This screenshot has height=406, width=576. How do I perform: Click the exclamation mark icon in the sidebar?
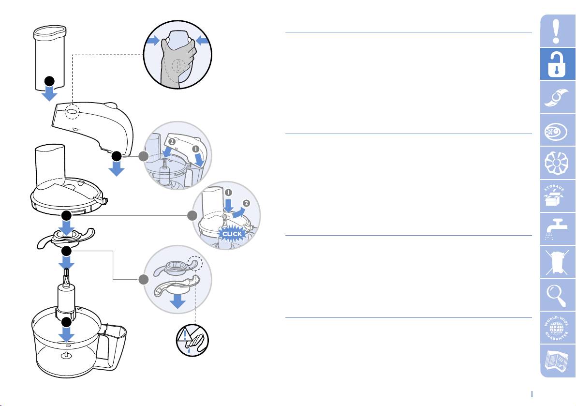557,31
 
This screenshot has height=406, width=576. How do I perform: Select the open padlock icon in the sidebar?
557,64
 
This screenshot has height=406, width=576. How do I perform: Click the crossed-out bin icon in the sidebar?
557,262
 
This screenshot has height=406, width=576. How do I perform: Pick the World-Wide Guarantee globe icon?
557,328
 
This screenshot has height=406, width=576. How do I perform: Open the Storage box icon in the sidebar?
555,195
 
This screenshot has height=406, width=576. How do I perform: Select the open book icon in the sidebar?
557,361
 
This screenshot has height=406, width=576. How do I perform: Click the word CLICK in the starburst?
232,234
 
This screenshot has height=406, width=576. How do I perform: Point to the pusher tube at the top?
50,58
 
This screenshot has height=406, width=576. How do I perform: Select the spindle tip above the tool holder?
66,277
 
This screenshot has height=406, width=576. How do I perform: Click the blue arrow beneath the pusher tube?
49,94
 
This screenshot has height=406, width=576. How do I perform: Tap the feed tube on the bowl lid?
50,165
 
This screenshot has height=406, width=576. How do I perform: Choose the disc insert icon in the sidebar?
556,163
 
